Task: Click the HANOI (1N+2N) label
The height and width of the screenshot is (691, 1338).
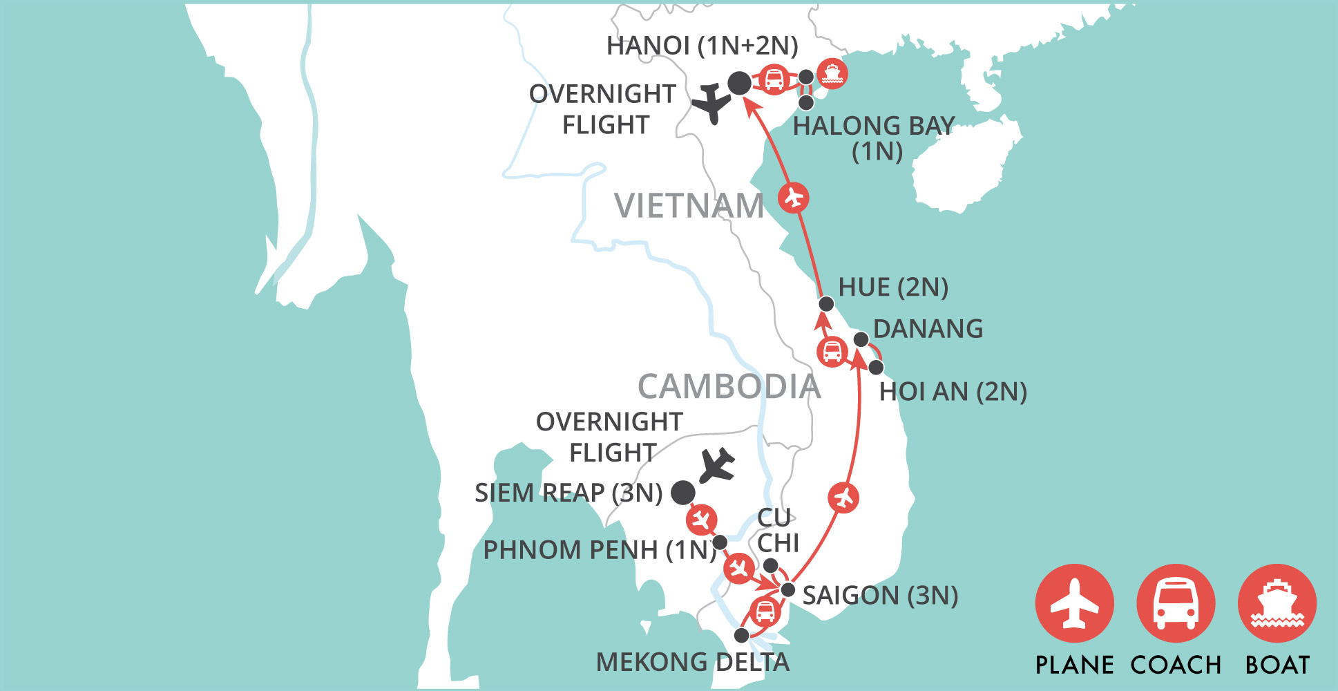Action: pyautogui.click(x=702, y=46)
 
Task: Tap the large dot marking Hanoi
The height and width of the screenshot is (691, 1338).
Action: pyautogui.click(x=740, y=83)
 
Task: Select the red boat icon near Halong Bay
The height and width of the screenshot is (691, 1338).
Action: pyautogui.click(x=832, y=73)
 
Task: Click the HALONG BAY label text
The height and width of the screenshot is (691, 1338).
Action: pyautogui.click(x=874, y=126)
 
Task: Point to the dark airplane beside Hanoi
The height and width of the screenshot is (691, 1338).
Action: pyautogui.click(x=711, y=104)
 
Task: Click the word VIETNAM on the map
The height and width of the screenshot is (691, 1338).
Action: pyautogui.click(x=689, y=206)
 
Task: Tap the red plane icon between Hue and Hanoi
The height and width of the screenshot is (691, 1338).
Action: pyautogui.click(x=794, y=198)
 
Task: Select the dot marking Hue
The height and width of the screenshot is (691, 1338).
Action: pyautogui.click(x=826, y=304)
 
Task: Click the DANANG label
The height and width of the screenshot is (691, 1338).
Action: pyautogui.click(x=928, y=329)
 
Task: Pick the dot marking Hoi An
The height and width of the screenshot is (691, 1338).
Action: pyautogui.click(x=876, y=367)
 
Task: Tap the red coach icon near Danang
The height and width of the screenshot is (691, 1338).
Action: pyautogui.click(x=832, y=352)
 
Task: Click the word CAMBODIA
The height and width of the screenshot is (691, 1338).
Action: pyautogui.click(x=729, y=387)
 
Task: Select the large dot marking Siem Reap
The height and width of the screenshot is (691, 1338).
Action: pyautogui.click(x=683, y=492)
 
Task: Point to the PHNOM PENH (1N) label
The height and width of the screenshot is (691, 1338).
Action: pyautogui.click(x=599, y=550)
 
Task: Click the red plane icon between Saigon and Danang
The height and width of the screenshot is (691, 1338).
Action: pyautogui.click(x=843, y=497)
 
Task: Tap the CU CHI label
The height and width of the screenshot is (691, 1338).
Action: pyautogui.click(x=776, y=530)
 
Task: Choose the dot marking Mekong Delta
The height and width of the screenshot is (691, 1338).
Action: pyautogui.click(x=741, y=635)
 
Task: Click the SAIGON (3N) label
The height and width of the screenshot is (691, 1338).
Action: pyautogui.click(x=880, y=595)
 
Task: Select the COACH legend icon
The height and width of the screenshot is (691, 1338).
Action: pyautogui.click(x=1176, y=604)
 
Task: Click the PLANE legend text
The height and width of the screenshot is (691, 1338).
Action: pyautogui.click(x=1074, y=665)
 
